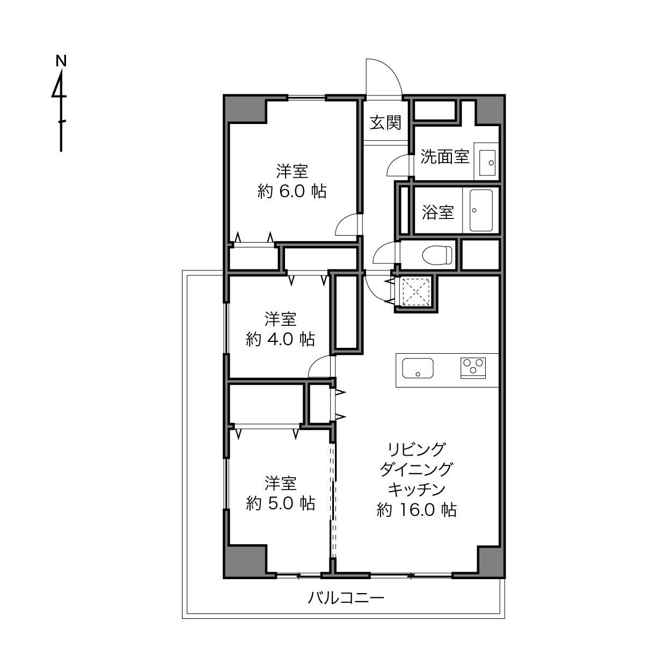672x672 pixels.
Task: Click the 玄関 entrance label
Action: [385, 122]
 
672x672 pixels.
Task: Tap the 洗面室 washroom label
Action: [444, 156]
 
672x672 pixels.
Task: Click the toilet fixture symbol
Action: [437, 255]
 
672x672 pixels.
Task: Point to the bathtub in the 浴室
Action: [481, 210]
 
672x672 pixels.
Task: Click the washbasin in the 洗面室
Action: [487, 163]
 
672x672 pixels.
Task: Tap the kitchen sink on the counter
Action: [418, 368]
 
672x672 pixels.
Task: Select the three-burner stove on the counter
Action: [473, 368]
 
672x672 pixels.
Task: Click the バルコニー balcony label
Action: [346, 598]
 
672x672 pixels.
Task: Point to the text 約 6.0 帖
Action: [292, 191]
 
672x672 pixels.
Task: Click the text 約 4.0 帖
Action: [280, 339]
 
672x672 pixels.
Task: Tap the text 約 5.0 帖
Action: [280, 503]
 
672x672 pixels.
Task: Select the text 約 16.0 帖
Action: [417, 510]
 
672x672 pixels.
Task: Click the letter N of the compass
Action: [61, 61]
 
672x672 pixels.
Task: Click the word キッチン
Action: [417, 490]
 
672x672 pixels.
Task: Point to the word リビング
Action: [417, 449]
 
